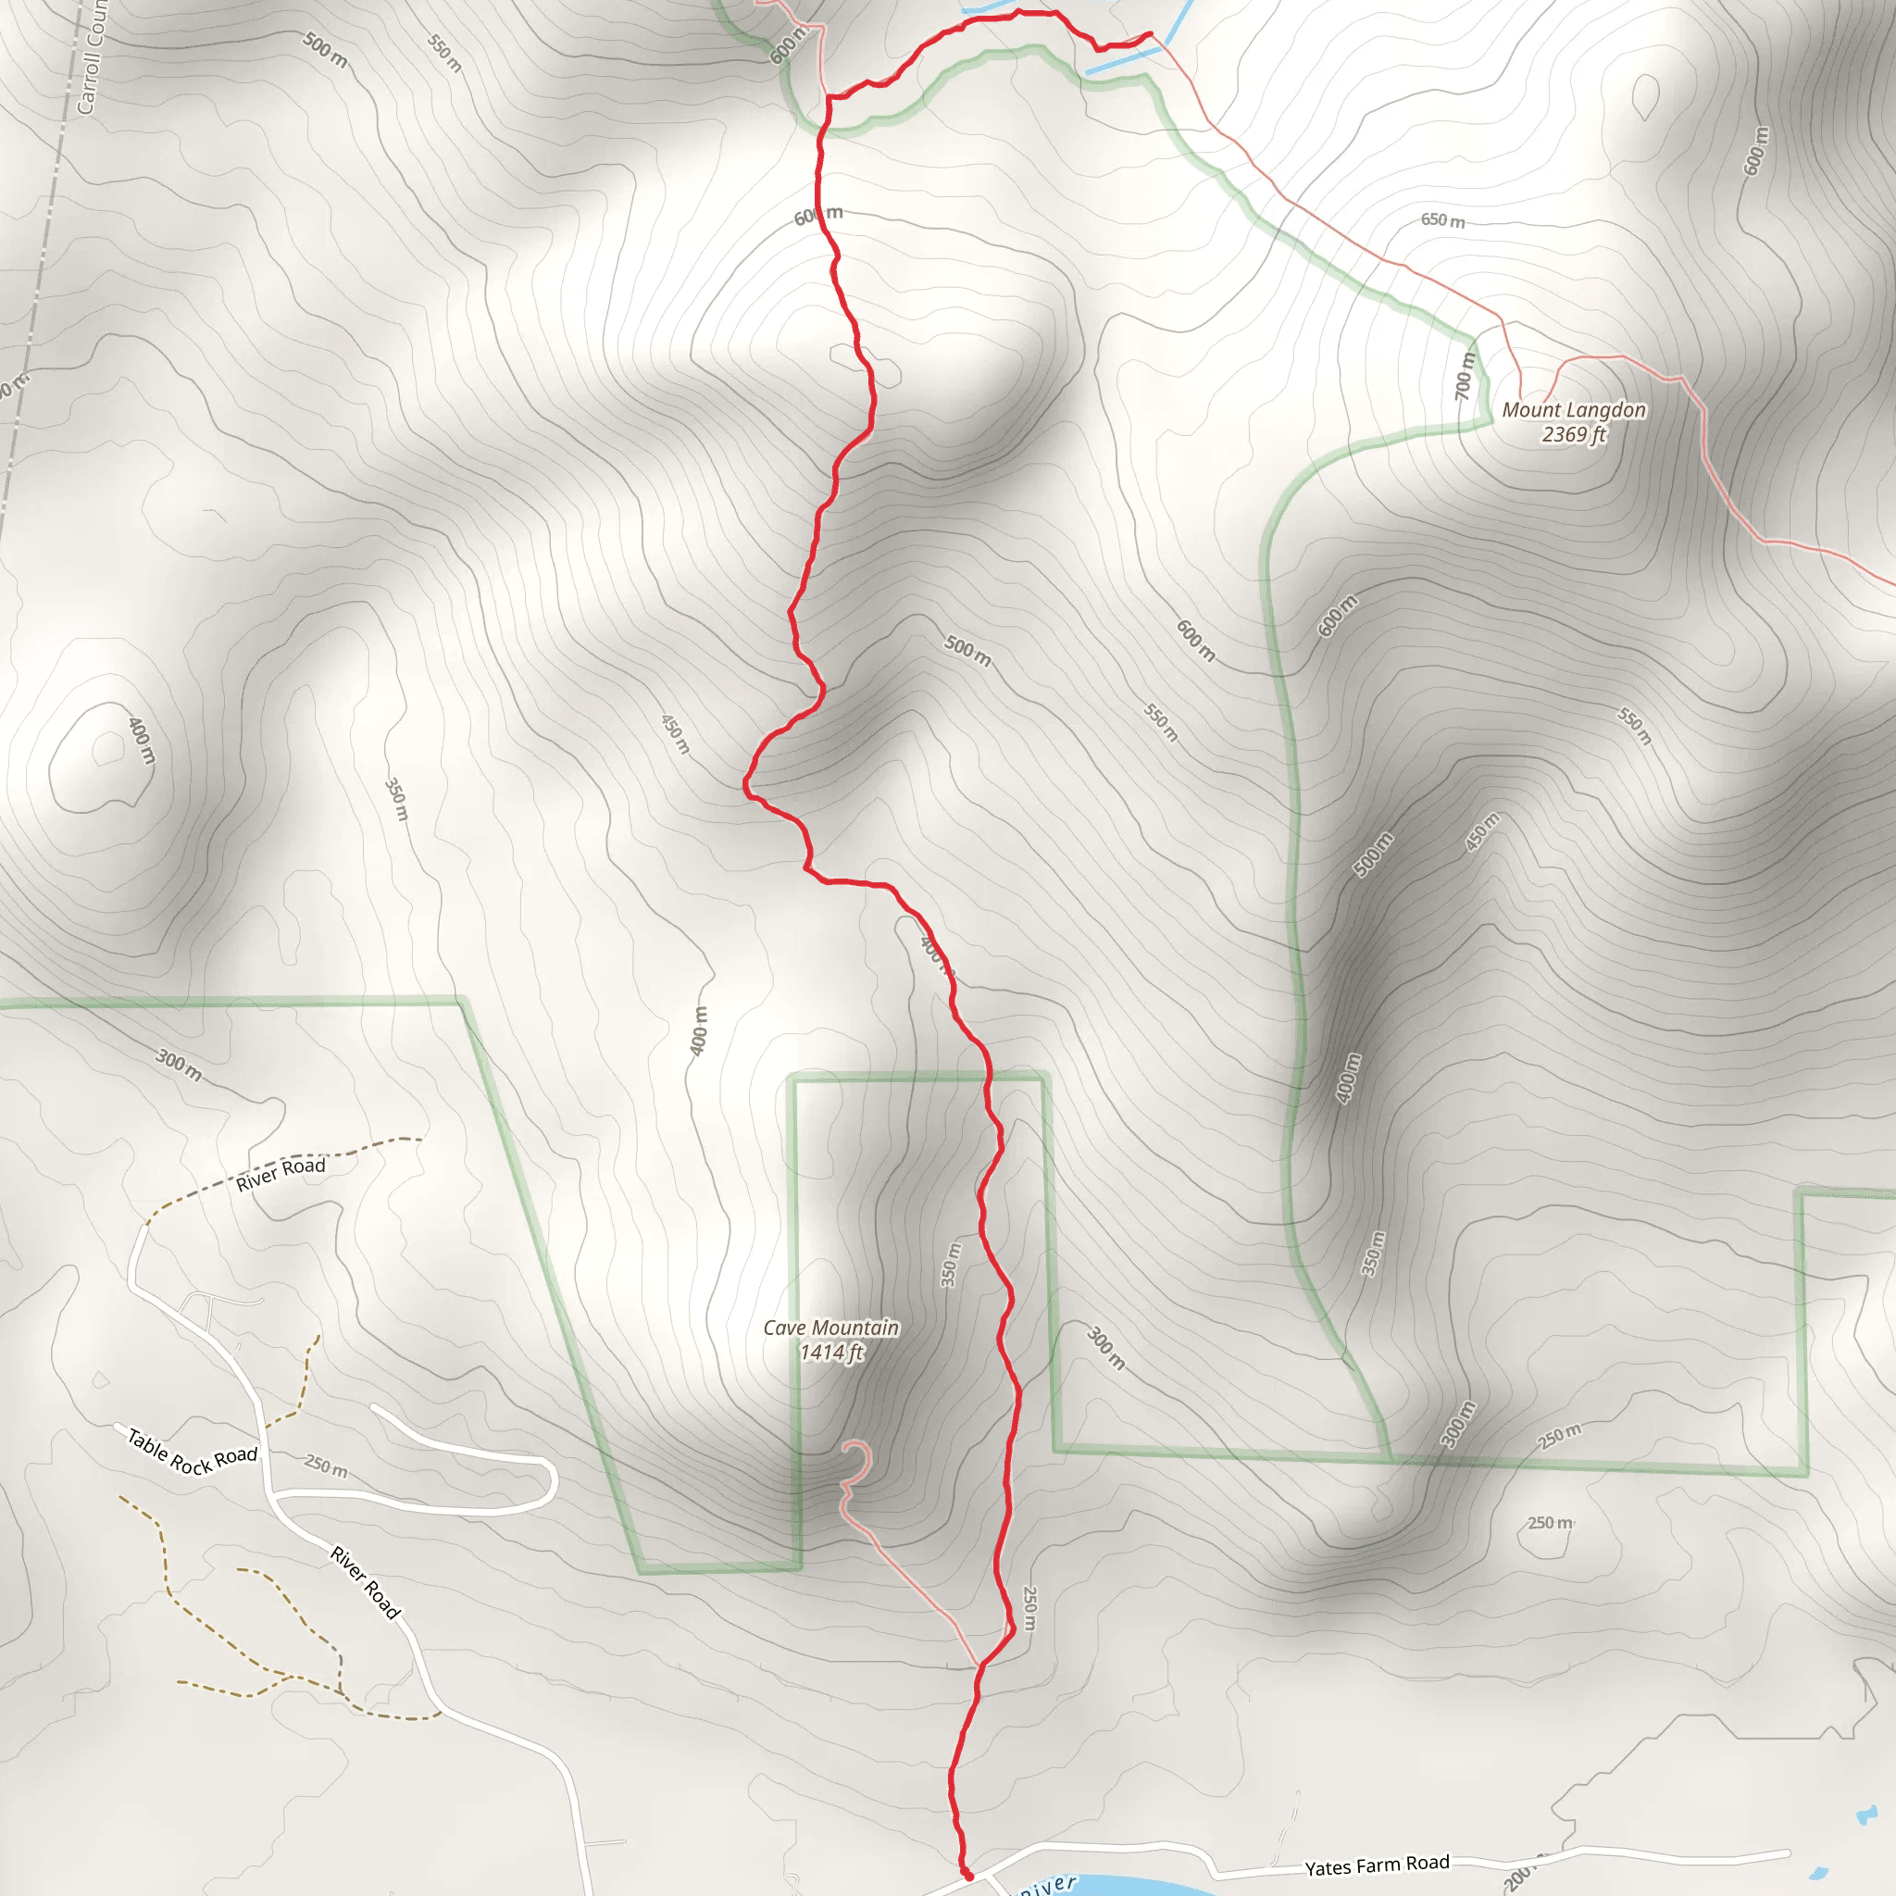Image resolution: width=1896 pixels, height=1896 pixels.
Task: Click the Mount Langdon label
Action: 1573,410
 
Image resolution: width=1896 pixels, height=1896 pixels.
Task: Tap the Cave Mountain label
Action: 830,1328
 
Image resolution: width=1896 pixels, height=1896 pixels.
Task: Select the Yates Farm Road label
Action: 1376,1865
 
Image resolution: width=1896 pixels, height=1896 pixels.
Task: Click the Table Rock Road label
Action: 193,1453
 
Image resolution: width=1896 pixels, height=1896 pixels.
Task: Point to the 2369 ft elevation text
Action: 1573,435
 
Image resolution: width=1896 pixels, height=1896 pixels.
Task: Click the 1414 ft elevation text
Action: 830,1353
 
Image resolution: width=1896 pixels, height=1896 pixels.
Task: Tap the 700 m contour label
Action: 1465,376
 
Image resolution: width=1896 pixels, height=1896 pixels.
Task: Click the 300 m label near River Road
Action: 179,1065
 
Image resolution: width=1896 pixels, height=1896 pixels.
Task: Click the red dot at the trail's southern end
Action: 967,1876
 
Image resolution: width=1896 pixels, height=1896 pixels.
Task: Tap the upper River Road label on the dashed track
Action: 281,1173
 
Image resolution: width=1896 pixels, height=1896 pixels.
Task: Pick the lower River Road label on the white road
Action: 365,1582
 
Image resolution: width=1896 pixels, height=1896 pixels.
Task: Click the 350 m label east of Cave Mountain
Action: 950,1264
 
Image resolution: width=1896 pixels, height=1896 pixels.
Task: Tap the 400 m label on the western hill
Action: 142,740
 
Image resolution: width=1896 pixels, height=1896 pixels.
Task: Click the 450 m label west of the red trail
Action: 675,734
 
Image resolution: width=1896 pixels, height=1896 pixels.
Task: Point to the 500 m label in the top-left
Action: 324,50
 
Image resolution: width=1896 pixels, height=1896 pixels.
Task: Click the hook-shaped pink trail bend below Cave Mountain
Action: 856,1461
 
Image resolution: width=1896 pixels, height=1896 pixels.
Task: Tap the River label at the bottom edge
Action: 1047,1885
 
